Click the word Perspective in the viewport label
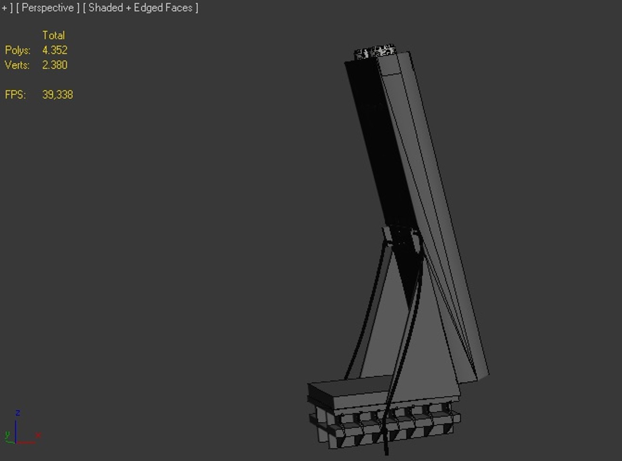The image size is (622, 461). [47, 8]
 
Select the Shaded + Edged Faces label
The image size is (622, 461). [140, 8]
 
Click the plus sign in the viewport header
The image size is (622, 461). [4, 8]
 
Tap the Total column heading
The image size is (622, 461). [53, 35]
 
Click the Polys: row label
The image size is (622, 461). [17, 50]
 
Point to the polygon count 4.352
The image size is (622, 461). [55, 50]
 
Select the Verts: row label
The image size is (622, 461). [17, 65]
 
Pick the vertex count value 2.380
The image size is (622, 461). [55, 65]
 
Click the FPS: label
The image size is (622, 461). [15, 95]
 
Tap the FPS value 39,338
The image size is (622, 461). [58, 95]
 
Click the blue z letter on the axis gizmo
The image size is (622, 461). [18, 413]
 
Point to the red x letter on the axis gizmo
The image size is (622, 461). [38, 435]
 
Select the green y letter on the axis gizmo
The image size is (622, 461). [7, 435]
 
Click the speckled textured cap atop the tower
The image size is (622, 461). [375, 52]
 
